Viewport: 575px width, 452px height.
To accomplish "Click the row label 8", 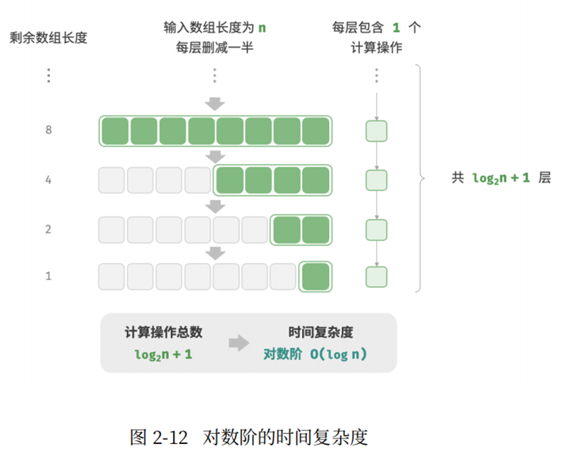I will tap(48, 130).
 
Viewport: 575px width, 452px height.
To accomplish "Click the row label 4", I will tap(48, 180).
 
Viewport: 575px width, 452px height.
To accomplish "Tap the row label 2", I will tap(48, 229).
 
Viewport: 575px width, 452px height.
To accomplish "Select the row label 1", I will tap(48, 276).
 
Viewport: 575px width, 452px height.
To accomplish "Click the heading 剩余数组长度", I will tap(48, 37).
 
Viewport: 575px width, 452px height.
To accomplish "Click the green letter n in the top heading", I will tap(262, 28).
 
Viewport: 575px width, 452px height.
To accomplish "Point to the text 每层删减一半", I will tap(215, 47).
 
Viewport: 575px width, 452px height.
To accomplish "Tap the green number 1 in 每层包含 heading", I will tap(397, 28).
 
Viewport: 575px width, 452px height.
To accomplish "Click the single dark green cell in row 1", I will tap(316, 277).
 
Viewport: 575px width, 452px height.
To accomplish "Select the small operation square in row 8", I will tap(376, 131).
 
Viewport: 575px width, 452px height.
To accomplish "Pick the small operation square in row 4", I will tap(376, 180).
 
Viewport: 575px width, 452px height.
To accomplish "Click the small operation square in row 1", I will tap(376, 277).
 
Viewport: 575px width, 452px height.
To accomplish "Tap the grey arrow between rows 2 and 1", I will tap(215, 253).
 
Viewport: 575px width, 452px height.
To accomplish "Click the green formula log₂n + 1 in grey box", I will tap(163, 354).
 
